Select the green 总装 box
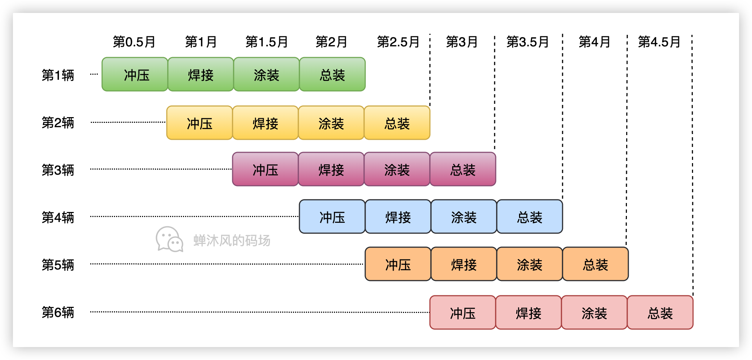[332, 74]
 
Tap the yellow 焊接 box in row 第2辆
[265, 123]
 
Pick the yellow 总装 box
[397, 123]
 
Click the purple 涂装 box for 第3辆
[397, 169]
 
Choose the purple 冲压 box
[265, 169]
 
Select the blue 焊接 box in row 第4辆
[398, 217]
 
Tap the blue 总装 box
[529, 217]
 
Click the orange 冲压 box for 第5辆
[398, 264]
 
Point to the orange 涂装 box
[529, 264]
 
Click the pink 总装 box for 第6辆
[660, 313]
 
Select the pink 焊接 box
[528, 313]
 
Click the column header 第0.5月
[134, 42]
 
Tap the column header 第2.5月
[398, 42]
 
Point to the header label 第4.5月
[659, 42]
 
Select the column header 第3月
[462, 42]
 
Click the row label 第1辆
[58, 75]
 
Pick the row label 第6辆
[58, 312]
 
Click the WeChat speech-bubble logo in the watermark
[169, 239]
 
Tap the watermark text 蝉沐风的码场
[232, 240]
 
